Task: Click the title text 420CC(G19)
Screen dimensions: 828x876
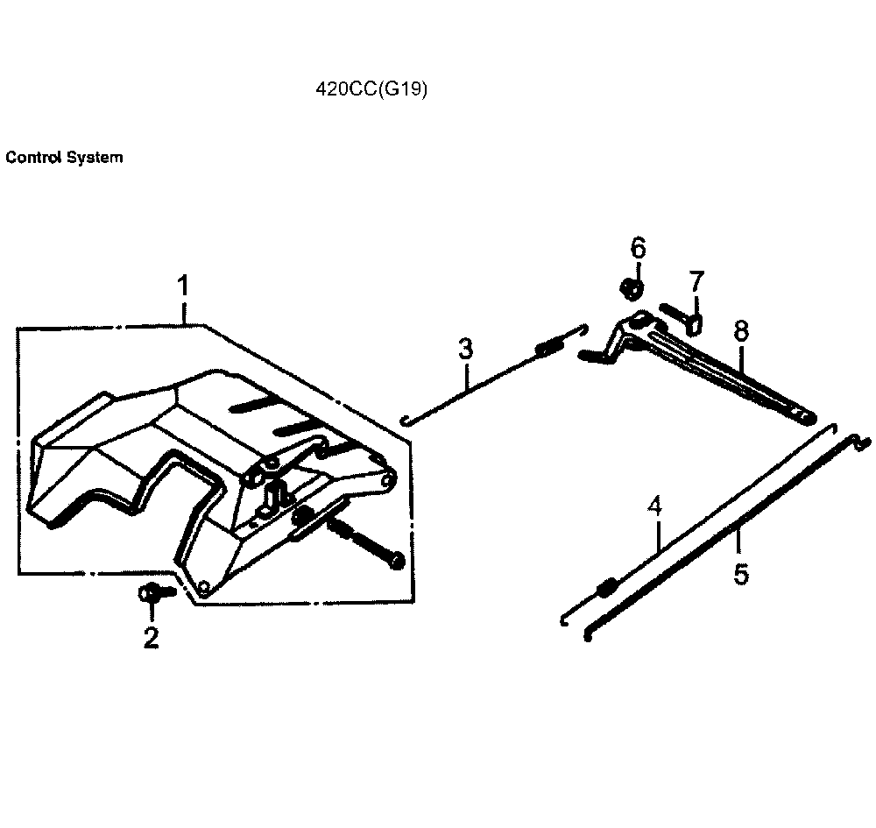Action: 371,90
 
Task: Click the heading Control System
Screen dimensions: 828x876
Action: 64,159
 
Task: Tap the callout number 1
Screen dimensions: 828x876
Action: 183,287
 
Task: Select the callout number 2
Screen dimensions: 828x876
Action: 152,638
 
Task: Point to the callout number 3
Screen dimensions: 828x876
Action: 465,350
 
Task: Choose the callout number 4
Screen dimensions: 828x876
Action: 655,507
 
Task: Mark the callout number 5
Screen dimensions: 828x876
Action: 741,575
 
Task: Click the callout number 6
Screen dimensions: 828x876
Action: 638,247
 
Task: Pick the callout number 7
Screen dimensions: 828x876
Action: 696,282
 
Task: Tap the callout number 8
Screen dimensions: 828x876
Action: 741,330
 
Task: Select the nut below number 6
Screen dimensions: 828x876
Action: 631,287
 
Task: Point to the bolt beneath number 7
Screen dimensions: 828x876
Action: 683,317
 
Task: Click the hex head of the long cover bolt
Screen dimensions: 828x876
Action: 397,558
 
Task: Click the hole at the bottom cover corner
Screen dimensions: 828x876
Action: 204,586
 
